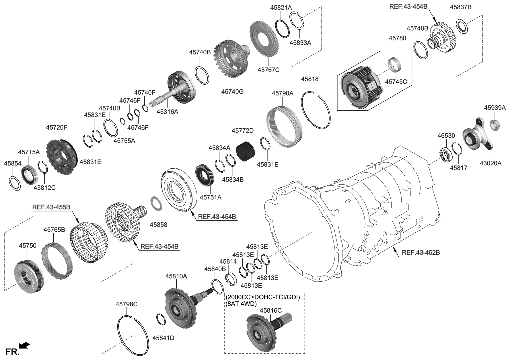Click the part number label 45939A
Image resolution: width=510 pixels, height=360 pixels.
click(x=495, y=108)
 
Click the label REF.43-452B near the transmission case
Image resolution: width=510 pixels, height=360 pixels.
click(x=421, y=252)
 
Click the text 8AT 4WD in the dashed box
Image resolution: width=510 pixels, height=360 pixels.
click(x=241, y=304)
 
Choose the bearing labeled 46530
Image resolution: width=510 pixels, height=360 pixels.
click(x=446, y=155)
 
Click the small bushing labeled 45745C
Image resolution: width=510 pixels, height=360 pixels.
click(x=394, y=64)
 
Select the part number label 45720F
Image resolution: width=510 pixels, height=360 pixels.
click(x=57, y=127)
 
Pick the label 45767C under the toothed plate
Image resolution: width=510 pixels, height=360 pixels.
click(x=268, y=70)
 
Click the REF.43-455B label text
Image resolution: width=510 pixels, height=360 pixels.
click(x=51, y=207)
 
